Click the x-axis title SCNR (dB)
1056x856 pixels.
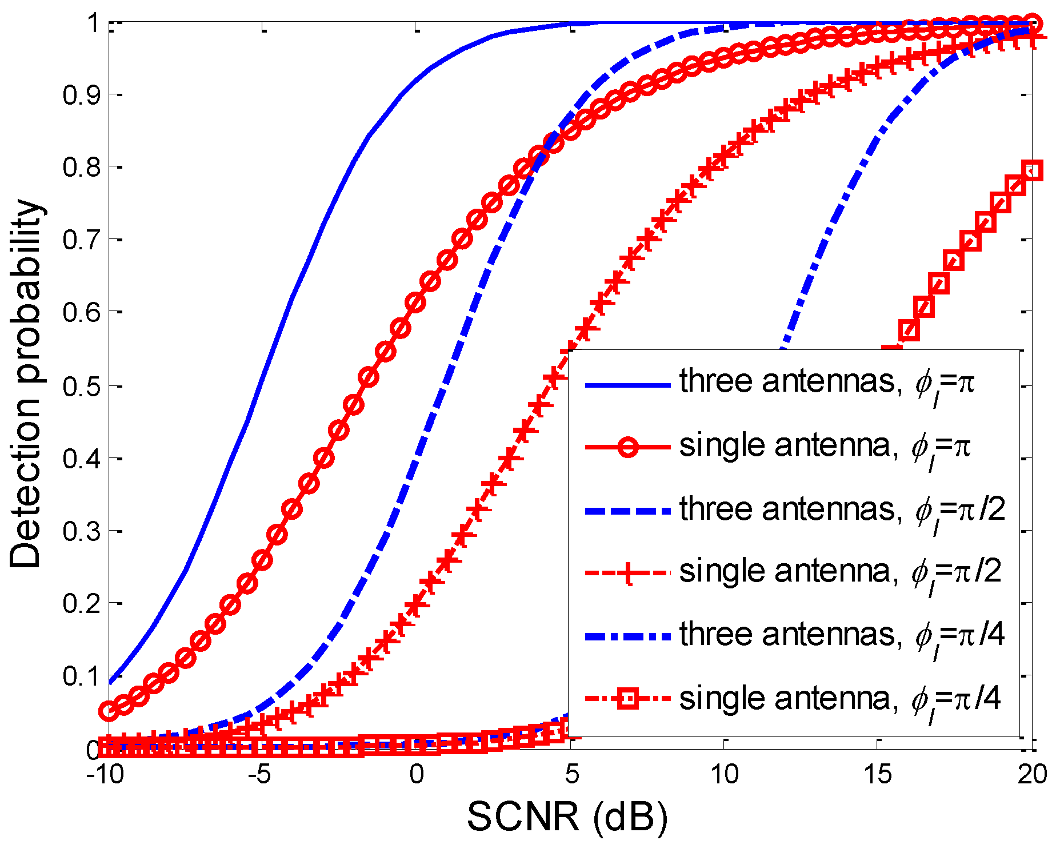pyautogui.click(x=567, y=816)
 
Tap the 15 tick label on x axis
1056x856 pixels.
pyautogui.click(x=877, y=774)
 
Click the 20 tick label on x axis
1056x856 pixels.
pyautogui.click(x=1032, y=774)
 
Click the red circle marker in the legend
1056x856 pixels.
pyautogui.click(x=627, y=447)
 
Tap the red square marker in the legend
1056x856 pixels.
pyautogui.click(x=627, y=699)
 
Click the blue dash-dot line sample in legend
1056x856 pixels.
pyautogui.click(x=627, y=636)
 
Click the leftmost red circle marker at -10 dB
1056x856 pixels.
pyautogui.click(x=109, y=711)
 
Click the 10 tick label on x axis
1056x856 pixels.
pyautogui.click(x=724, y=774)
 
